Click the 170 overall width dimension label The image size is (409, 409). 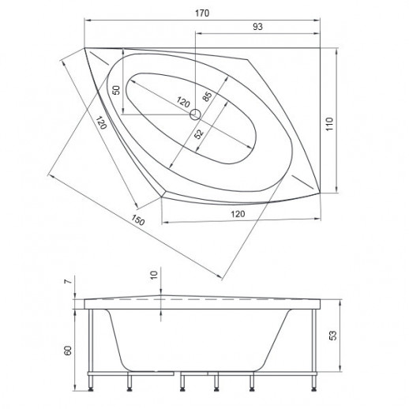202,13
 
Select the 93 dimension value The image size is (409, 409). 257,27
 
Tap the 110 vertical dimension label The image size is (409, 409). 329,124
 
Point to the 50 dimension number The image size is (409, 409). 116,90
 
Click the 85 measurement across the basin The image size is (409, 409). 207,96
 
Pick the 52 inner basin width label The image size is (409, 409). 199,134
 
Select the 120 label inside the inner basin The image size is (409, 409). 183,102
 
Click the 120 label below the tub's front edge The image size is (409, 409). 238,214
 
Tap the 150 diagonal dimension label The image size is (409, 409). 138,220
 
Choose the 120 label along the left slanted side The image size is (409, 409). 101,122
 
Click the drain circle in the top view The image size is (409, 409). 195,114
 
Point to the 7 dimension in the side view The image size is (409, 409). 68,281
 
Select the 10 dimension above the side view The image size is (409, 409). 154,275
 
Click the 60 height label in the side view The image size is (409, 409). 68,351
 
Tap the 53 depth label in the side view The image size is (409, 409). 333,336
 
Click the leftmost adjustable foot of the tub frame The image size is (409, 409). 91,381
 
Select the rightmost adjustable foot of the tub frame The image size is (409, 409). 313,381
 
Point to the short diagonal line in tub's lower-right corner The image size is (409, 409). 302,182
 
